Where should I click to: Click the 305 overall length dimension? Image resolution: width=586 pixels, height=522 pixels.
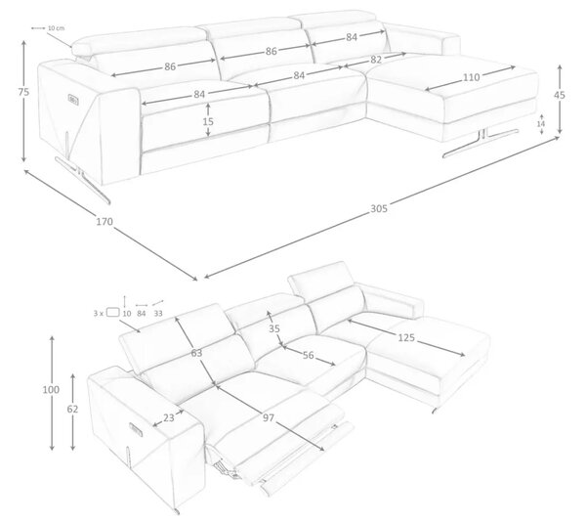coord(379,208)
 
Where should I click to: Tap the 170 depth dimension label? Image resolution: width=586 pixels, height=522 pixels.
coord(105,222)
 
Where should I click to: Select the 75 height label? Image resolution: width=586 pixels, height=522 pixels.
coord(23,92)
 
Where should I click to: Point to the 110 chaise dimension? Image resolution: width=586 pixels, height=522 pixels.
coord(472,77)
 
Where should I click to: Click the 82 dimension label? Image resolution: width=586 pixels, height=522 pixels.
coord(376,60)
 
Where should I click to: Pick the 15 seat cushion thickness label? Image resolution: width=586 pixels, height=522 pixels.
coord(208,121)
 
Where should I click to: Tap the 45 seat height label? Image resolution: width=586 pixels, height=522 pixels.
coord(560,96)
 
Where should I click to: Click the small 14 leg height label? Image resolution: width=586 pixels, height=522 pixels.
coord(541,123)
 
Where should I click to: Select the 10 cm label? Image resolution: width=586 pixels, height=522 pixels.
coord(56,28)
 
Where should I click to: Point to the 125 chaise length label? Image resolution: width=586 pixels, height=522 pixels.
coord(406,337)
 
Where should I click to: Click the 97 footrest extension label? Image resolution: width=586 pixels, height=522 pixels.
coord(269,417)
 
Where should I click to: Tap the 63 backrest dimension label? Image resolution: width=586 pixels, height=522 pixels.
coord(196,353)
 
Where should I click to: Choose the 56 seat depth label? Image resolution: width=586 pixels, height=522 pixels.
coord(309,355)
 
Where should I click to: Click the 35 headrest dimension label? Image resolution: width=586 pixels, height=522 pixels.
coord(274,328)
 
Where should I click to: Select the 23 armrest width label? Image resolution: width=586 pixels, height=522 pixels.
coord(169,417)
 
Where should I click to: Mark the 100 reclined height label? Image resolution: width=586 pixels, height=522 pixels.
coord(51,390)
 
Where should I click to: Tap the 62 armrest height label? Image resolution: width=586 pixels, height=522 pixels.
coord(72,409)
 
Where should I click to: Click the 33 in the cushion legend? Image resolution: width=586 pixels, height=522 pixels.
coord(158,314)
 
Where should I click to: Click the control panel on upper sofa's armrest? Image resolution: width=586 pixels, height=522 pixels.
coord(73,99)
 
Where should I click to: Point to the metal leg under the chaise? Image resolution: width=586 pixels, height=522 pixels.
coord(481,143)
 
